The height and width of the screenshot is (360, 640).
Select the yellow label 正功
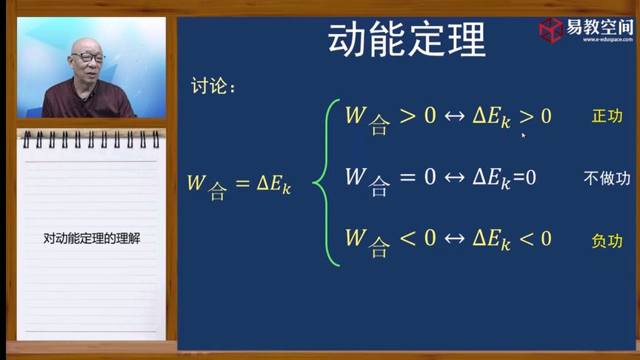pos(607,116)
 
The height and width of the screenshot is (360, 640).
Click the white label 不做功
pos(607,178)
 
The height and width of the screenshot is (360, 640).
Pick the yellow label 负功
pos(607,241)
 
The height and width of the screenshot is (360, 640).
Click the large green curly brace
pos(325,182)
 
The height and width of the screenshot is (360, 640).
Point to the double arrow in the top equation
pos(453,116)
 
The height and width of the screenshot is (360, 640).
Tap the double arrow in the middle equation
pos(453,178)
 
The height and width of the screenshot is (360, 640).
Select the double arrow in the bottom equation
pos(453,239)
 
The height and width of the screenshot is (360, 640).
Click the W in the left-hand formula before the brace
pos(196,183)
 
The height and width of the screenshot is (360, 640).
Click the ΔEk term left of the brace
pos(273,184)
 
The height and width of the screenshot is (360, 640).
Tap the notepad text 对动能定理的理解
pos(92,239)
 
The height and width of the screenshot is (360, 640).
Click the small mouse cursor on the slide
pos(523,135)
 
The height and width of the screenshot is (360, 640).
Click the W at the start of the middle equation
pos(356,177)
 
